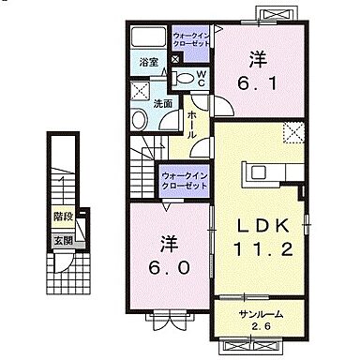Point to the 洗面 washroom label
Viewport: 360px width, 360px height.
(162, 104)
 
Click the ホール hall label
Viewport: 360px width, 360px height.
(191, 122)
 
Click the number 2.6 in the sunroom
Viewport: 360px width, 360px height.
(260, 327)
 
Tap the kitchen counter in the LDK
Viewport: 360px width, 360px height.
(269, 174)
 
